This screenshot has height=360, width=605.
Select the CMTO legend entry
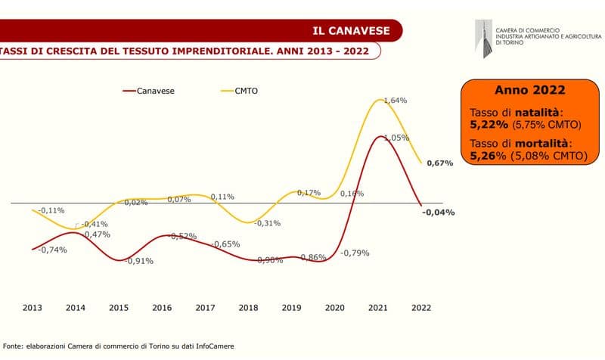point(245,91)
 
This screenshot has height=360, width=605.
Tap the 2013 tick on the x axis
point(33,309)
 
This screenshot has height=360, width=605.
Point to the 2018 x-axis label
point(248,309)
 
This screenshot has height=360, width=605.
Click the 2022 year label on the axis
point(421,309)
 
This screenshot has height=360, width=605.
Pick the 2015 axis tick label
point(119,309)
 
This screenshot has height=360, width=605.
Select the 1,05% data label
point(396,138)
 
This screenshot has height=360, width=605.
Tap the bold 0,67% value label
point(439,163)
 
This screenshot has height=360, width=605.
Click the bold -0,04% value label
point(439,213)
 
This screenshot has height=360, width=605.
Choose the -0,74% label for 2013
point(52,250)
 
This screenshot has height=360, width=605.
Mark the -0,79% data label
point(355,253)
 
